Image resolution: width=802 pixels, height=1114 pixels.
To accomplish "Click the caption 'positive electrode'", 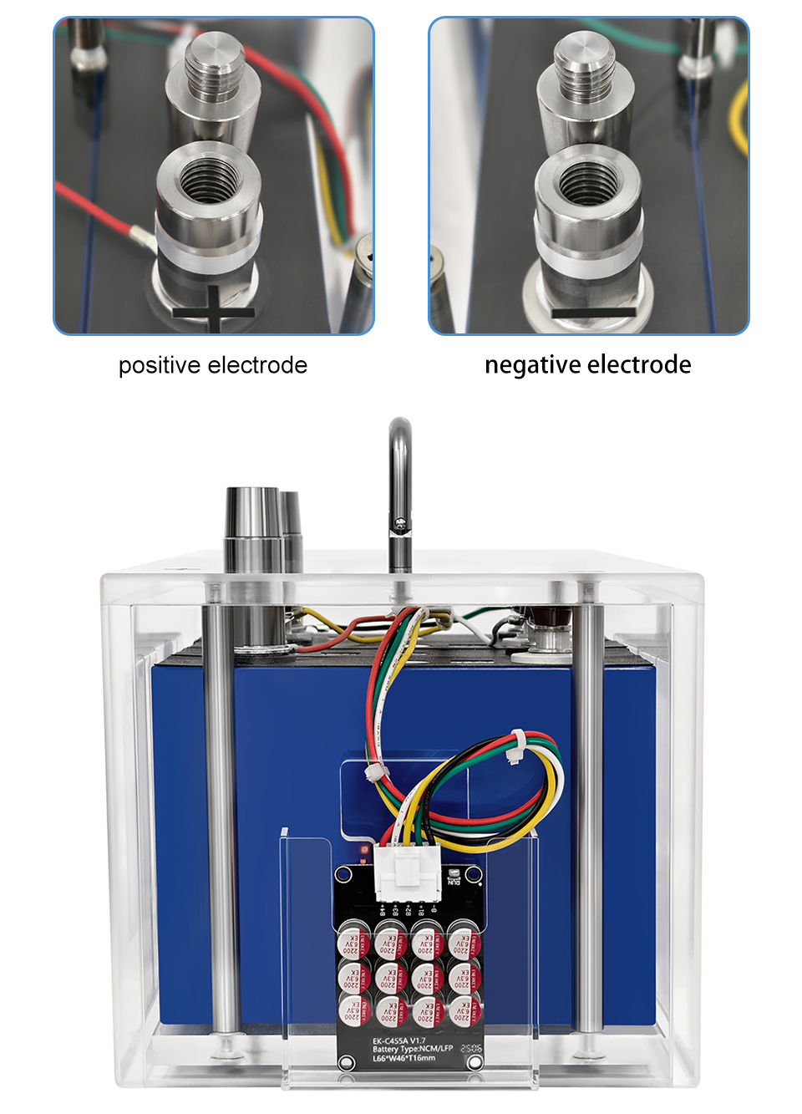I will pyautogui.click(x=213, y=365).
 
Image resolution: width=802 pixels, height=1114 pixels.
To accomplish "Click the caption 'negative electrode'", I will pyautogui.click(x=587, y=364).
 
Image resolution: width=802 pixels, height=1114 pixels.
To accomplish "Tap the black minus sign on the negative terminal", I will pyautogui.click(x=593, y=313).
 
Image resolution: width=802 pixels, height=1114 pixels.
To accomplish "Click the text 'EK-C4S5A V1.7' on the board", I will pyautogui.click(x=398, y=1040).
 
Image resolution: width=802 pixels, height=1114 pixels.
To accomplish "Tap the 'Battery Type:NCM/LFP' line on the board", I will pyautogui.click(x=412, y=1049).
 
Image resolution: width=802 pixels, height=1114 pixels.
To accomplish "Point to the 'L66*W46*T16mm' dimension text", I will pyautogui.click(x=404, y=1058).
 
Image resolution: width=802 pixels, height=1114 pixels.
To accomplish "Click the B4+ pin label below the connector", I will pyautogui.click(x=383, y=908).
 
